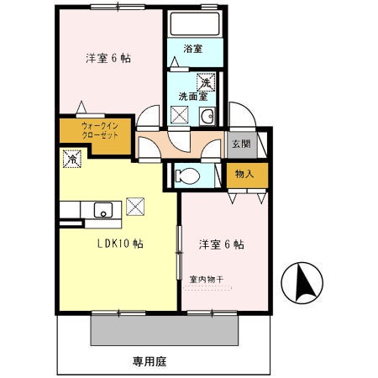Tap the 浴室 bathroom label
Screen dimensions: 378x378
tap(192, 49)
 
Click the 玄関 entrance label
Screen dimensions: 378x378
tap(241, 143)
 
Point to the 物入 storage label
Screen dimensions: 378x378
tap(244, 174)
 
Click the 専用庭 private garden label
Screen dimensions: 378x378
tap(150, 361)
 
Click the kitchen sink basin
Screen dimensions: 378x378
tap(104, 210)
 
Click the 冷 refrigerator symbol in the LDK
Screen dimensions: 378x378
tap(72, 157)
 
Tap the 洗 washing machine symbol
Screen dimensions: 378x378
tap(204, 82)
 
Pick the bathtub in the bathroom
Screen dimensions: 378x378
tap(194, 24)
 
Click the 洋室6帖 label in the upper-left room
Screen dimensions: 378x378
tap(108, 60)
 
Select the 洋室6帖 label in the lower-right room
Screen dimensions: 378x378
tap(221, 245)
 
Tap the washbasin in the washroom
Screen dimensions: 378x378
tap(210, 116)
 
